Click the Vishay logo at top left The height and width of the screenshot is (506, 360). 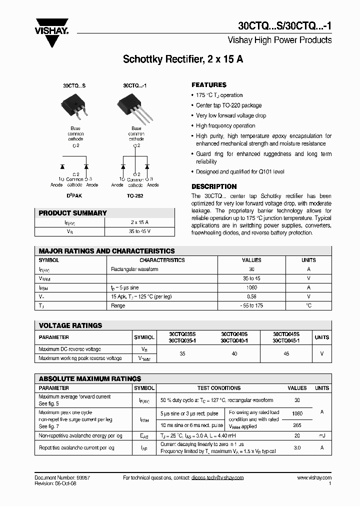tap(51, 30)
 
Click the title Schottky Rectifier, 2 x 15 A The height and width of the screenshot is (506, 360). tap(183, 59)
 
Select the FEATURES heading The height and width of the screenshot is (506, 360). tap(209, 85)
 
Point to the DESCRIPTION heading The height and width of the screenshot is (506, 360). tap(214, 186)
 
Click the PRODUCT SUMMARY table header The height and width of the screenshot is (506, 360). tap(73, 213)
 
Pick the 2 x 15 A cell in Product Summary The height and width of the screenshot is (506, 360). tap(139, 222)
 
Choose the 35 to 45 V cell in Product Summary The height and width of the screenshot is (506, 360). tap(139, 231)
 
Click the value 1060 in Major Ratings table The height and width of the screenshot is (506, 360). tap(251, 287)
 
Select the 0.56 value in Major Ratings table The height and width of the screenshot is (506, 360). tap(251, 296)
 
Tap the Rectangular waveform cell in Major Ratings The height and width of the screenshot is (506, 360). tap(134, 269)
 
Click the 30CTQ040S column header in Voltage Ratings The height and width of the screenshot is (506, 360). tap(234, 334)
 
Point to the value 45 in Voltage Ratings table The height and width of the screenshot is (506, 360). tap(286, 353)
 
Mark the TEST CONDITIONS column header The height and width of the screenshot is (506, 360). tap(219, 388)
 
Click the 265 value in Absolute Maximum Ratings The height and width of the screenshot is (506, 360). tap(297, 425)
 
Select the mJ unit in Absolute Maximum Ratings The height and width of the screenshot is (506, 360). tap(322, 436)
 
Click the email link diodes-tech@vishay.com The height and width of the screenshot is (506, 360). tap(217, 478)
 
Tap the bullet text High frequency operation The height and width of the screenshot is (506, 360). tap(225, 126)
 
